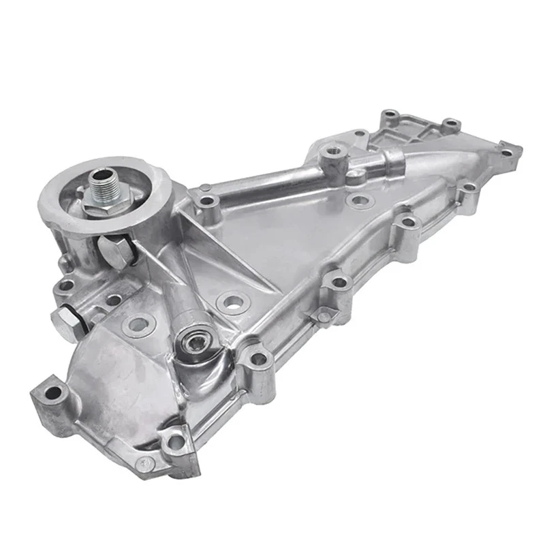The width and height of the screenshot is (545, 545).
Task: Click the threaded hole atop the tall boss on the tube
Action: click(x=333, y=151)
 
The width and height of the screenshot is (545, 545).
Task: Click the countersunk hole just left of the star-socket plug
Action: click(x=138, y=325)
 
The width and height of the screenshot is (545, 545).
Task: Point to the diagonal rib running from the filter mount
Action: click(x=218, y=255)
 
